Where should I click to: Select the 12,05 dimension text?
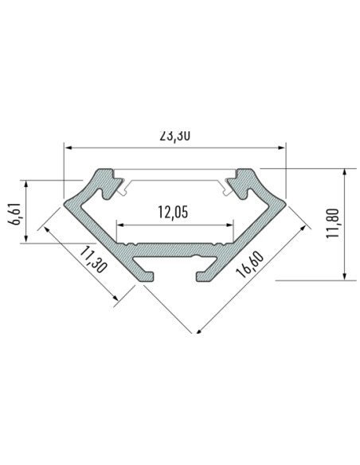pyautogui.click(x=175, y=212)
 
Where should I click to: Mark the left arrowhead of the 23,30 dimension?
pyautogui.click(x=69, y=147)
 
